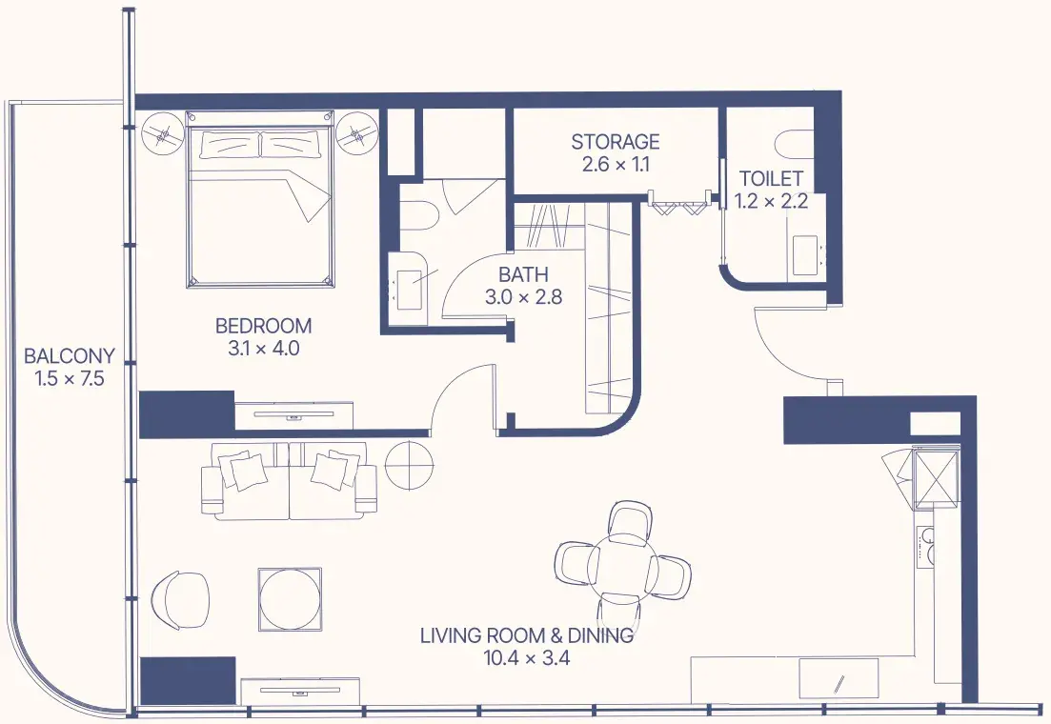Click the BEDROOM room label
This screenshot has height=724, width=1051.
click(263, 326)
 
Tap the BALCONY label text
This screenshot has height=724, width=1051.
click(69, 356)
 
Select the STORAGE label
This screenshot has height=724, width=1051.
click(616, 141)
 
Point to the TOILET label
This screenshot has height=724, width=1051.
click(771, 178)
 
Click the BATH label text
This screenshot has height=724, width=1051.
click(523, 274)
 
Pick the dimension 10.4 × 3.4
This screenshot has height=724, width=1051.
click(527, 658)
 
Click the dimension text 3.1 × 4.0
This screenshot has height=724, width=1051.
click(263, 349)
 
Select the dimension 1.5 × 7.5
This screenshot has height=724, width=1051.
click(70, 379)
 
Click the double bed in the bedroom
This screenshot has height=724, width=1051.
click(260, 199)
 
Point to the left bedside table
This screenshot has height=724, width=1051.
click(162, 134)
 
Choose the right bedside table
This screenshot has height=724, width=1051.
click(356, 134)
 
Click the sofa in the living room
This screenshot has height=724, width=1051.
click(289, 481)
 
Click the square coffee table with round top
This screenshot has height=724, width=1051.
click(291, 598)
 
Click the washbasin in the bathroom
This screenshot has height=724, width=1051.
click(411, 290)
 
